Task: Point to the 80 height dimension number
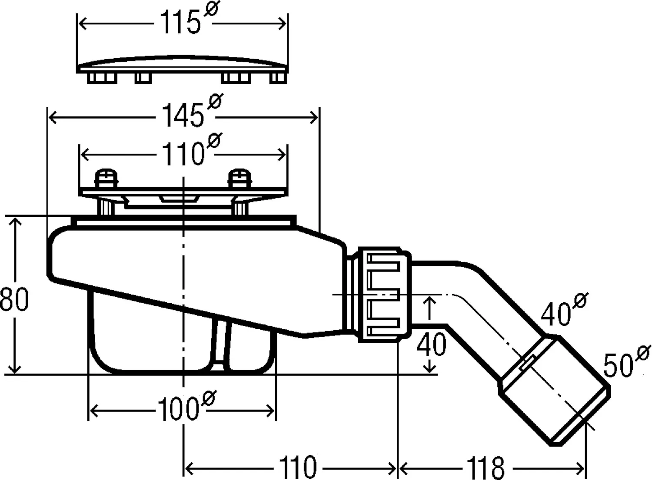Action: [14, 299]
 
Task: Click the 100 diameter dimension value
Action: [178, 410]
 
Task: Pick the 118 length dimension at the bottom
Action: [486, 468]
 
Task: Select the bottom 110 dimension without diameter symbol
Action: [298, 468]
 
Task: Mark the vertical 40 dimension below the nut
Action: [431, 344]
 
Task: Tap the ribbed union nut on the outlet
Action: [383, 295]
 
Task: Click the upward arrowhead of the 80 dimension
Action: [15, 223]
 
